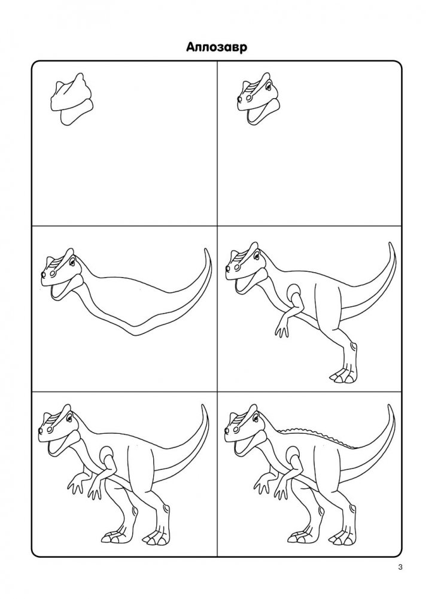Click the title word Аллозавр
217,47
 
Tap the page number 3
400,567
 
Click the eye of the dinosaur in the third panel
72,262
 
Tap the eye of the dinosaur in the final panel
259,419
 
